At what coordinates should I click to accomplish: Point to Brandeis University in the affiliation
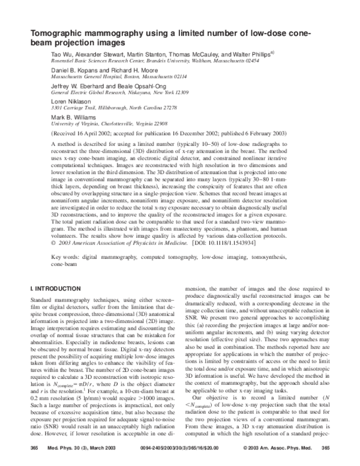(x=176, y=61)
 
